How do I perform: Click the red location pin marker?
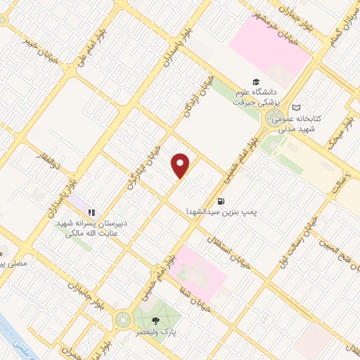[181, 165]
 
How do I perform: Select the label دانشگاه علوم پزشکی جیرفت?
[256, 96]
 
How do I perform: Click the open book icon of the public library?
[296, 107]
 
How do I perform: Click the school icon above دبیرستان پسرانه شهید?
[92, 211]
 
